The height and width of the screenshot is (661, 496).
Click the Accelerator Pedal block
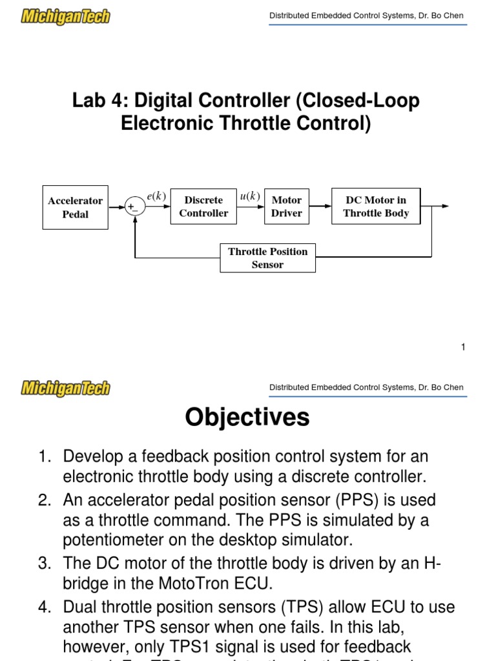point(75,207)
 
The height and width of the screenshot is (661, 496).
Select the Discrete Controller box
point(203,207)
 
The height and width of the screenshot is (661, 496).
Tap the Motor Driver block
point(287,207)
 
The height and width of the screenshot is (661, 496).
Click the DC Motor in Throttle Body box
point(376,207)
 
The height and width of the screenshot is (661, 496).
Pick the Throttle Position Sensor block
point(267,258)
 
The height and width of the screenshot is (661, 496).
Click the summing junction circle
point(135,207)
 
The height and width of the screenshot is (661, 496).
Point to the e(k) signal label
point(157,196)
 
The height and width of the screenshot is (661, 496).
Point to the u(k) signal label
point(249,196)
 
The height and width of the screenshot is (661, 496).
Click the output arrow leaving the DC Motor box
point(436,206)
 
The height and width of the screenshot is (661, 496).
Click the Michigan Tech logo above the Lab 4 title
point(66,16)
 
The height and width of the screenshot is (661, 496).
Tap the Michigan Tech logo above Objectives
point(66,388)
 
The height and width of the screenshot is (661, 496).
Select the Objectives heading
point(247,418)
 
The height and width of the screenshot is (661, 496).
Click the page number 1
point(463,347)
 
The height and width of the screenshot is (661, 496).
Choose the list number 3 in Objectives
point(44,563)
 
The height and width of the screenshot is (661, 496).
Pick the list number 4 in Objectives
point(44,607)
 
